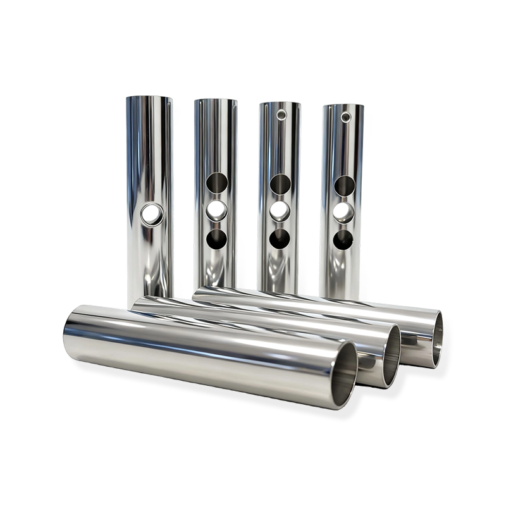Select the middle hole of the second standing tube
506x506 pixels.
pos(217,210)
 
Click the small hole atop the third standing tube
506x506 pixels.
pos(281,115)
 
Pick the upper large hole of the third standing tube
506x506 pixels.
pos(280,183)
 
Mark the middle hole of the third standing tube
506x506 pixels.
pos(280,211)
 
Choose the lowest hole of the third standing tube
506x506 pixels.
pos(280,238)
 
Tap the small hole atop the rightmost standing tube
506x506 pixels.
pos(345,117)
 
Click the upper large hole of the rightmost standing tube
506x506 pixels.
pos(345,185)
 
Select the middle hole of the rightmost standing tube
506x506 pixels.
pos(345,212)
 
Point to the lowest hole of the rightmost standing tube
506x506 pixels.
pos(345,238)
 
